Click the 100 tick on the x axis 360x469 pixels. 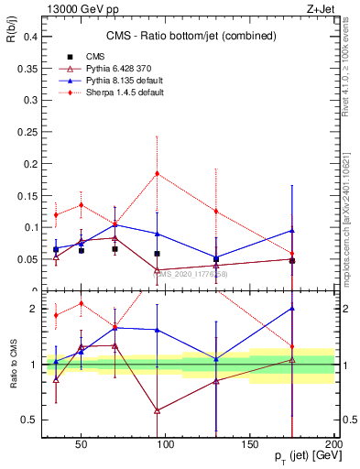pos(166,443)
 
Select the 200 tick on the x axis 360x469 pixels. pos(333,443)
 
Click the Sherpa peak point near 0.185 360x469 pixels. pos(158,173)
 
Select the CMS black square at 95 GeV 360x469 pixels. pos(158,254)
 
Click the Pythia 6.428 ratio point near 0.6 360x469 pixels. pos(158,410)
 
